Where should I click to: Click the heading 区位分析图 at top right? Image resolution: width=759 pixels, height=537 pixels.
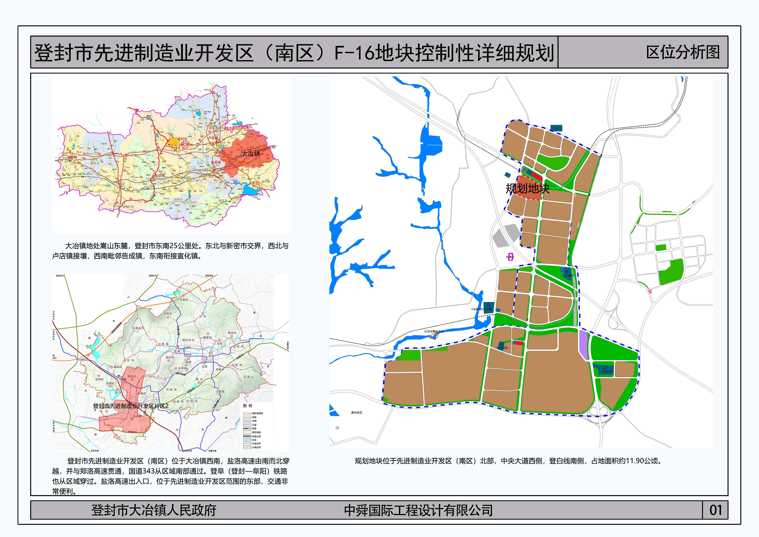(683, 52)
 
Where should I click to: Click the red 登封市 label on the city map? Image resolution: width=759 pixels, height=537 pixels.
(183, 139)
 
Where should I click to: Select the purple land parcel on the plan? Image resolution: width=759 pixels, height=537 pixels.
(584, 345)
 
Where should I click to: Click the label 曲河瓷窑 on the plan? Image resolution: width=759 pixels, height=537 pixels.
(357, 413)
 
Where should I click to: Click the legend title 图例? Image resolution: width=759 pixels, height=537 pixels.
(248, 405)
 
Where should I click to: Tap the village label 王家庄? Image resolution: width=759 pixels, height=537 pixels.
(184, 300)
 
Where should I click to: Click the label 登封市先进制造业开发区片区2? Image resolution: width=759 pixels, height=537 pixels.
(131, 406)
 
